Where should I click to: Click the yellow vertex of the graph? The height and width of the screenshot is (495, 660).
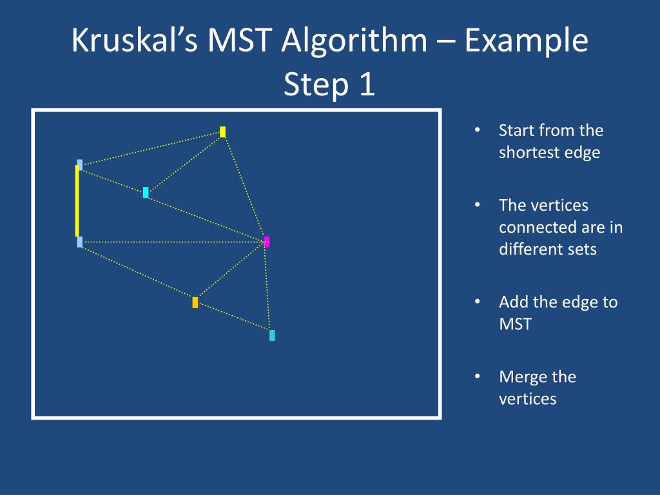[x=222, y=131]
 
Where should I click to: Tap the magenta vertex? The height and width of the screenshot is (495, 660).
[x=267, y=242]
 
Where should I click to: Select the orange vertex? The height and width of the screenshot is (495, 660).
[x=195, y=302]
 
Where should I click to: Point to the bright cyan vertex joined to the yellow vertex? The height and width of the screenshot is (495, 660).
[x=146, y=192]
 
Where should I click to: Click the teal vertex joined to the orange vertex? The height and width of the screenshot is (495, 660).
[x=272, y=335]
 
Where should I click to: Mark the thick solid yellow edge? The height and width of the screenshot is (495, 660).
[x=77, y=201]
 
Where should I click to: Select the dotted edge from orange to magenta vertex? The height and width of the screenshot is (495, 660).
[x=231, y=272]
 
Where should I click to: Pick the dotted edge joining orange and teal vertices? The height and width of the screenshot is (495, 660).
[x=233, y=318]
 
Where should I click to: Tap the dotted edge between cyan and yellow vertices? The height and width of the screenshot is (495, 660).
[x=184, y=162]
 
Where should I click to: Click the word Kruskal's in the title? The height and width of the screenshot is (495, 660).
[x=139, y=42]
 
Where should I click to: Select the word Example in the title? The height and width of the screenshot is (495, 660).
[x=527, y=42]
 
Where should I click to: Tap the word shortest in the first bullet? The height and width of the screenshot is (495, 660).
[x=529, y=152]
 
